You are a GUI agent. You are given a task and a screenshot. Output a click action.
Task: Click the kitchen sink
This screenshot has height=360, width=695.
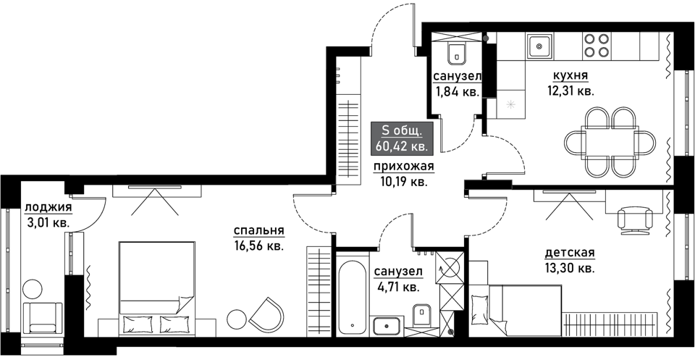click(539, 46)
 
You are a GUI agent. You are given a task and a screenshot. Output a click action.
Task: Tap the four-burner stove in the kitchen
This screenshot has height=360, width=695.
click(596, 45)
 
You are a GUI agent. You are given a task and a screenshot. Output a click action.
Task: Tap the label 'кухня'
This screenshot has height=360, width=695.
click(570, 76)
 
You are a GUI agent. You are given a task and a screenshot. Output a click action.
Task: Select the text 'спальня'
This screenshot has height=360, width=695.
click(259, 231)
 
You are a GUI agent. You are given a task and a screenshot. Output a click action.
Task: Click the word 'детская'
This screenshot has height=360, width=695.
click(570, 253)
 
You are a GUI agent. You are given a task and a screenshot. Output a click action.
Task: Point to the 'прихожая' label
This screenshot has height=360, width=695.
click(403, 167)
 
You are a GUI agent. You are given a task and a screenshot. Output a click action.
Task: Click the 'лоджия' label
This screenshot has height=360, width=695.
click(49, 207)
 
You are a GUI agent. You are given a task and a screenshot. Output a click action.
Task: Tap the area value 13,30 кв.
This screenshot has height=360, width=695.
click(570, 268)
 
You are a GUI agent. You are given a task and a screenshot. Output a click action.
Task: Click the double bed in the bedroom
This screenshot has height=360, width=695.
click(157, 289)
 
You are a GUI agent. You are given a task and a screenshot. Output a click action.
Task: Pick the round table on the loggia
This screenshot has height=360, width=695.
click(33, 289)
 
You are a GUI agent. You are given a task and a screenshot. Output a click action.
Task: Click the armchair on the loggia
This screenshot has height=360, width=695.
click(43, 318)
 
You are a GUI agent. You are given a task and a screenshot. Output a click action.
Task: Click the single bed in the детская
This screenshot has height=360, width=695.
click(516, 310)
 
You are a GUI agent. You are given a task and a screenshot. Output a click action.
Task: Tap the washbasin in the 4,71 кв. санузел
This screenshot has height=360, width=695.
click(387, 326)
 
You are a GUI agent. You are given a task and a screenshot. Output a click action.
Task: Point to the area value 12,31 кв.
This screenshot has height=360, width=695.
click(570, 91)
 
